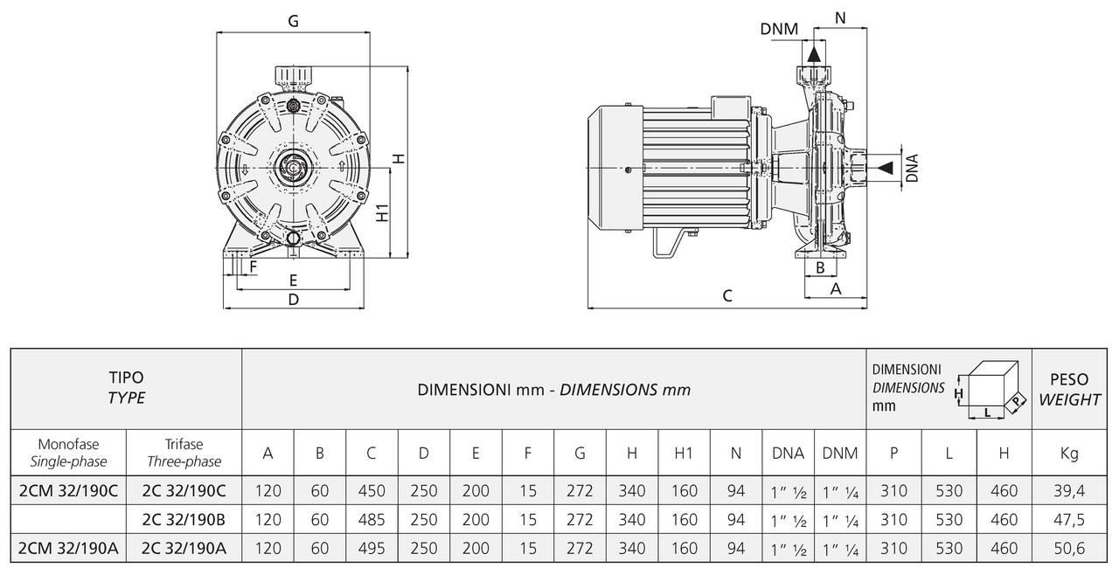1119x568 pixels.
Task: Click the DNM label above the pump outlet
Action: [x=779, y=30]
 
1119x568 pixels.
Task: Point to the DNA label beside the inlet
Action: [x=912, y=167]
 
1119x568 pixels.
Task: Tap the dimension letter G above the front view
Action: [x=293, y=22]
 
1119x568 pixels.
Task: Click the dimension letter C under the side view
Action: [x=727, y=295]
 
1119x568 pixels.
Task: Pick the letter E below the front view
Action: [x=293, y=281]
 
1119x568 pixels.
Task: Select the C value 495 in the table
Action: [x=372, y=548]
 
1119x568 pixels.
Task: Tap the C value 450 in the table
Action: [x=372, y=491]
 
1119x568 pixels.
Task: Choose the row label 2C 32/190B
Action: [x=184, y=520]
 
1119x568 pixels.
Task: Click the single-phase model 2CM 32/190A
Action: [x=68, y=548]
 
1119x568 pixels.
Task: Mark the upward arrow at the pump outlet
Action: [x=814, y=53]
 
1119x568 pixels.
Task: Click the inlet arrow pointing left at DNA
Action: [x=885, y=167]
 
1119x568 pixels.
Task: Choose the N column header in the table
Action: [x=736, y=453]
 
